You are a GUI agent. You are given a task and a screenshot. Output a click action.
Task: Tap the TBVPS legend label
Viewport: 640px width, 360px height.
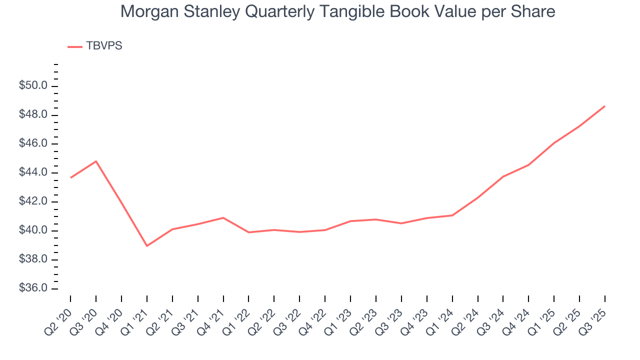click(x=104, y=46)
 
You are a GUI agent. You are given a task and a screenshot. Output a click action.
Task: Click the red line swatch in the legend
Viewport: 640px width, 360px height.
click(x=75, y=46)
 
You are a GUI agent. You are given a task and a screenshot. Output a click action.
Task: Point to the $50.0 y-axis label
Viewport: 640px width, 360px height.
click(x=33, y=86)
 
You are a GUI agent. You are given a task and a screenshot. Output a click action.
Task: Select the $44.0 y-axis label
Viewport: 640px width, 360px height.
click(x=33, y=173)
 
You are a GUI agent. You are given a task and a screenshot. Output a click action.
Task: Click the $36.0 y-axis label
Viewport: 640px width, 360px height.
click(x=33, y=289)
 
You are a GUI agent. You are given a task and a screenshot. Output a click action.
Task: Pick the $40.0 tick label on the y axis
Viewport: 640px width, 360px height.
click(x=33, y=231)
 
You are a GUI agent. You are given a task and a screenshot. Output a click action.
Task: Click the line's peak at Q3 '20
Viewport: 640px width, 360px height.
click(x=96, y=161)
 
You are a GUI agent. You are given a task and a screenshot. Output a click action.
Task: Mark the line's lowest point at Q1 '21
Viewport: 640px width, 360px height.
click(x=146, y=246)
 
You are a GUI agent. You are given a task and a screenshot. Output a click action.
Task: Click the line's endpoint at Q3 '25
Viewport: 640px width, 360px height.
click(x=604, y=106)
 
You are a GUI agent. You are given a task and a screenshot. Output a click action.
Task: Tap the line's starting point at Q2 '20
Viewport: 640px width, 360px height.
click(x=70, y=177)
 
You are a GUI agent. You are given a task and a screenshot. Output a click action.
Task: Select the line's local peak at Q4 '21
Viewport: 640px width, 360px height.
click(x=223, y=217)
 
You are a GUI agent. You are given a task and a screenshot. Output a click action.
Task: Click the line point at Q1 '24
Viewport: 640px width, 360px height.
click(x=452, y=215)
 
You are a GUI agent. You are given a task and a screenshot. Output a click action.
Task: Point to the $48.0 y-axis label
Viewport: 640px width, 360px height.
click(x=33, y=115)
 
